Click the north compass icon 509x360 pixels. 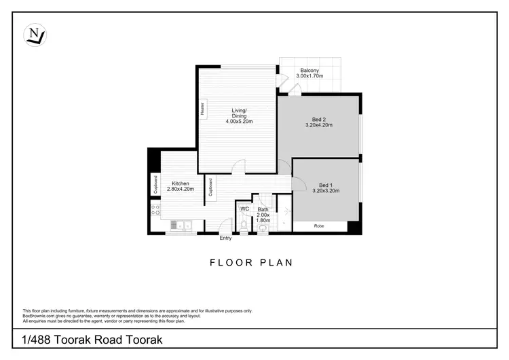pos(35,35)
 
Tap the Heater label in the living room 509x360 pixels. pos(202,111)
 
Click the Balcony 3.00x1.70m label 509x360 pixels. pos(309,74)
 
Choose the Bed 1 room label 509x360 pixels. pos(326,185)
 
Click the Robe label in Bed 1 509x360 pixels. pos(318,226)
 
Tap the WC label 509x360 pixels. pos(244,209)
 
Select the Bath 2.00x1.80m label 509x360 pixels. pos(263,215)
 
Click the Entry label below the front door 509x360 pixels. pos(225,238)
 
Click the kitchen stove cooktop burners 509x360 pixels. pos(155,210)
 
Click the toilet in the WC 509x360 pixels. pos(244,223)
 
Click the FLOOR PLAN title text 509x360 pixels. pos(251,262)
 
